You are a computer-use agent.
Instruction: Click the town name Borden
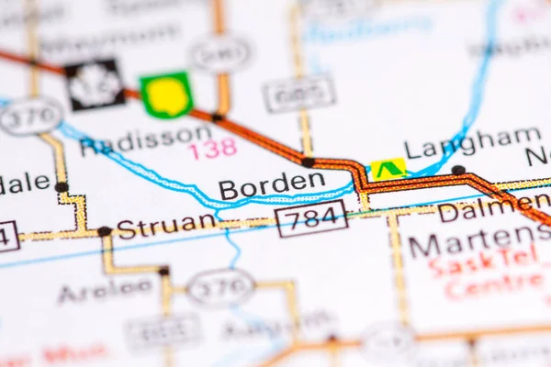pos(271,184)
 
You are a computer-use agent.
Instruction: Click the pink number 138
pos(213,148)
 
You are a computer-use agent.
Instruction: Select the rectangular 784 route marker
pos(311,218)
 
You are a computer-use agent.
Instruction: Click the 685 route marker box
pos(298,94)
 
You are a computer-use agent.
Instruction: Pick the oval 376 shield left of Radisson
pos(30,117)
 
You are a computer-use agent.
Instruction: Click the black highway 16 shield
pos(95,84)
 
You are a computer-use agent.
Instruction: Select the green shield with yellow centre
pos(167,94)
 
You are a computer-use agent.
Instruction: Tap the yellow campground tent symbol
pos(388,169)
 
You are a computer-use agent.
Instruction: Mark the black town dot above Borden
pos(308,162)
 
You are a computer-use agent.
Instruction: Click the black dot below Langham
pos(458,170)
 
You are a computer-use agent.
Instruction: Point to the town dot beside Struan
pos(105,231)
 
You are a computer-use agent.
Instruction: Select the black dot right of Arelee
pos(163,271)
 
